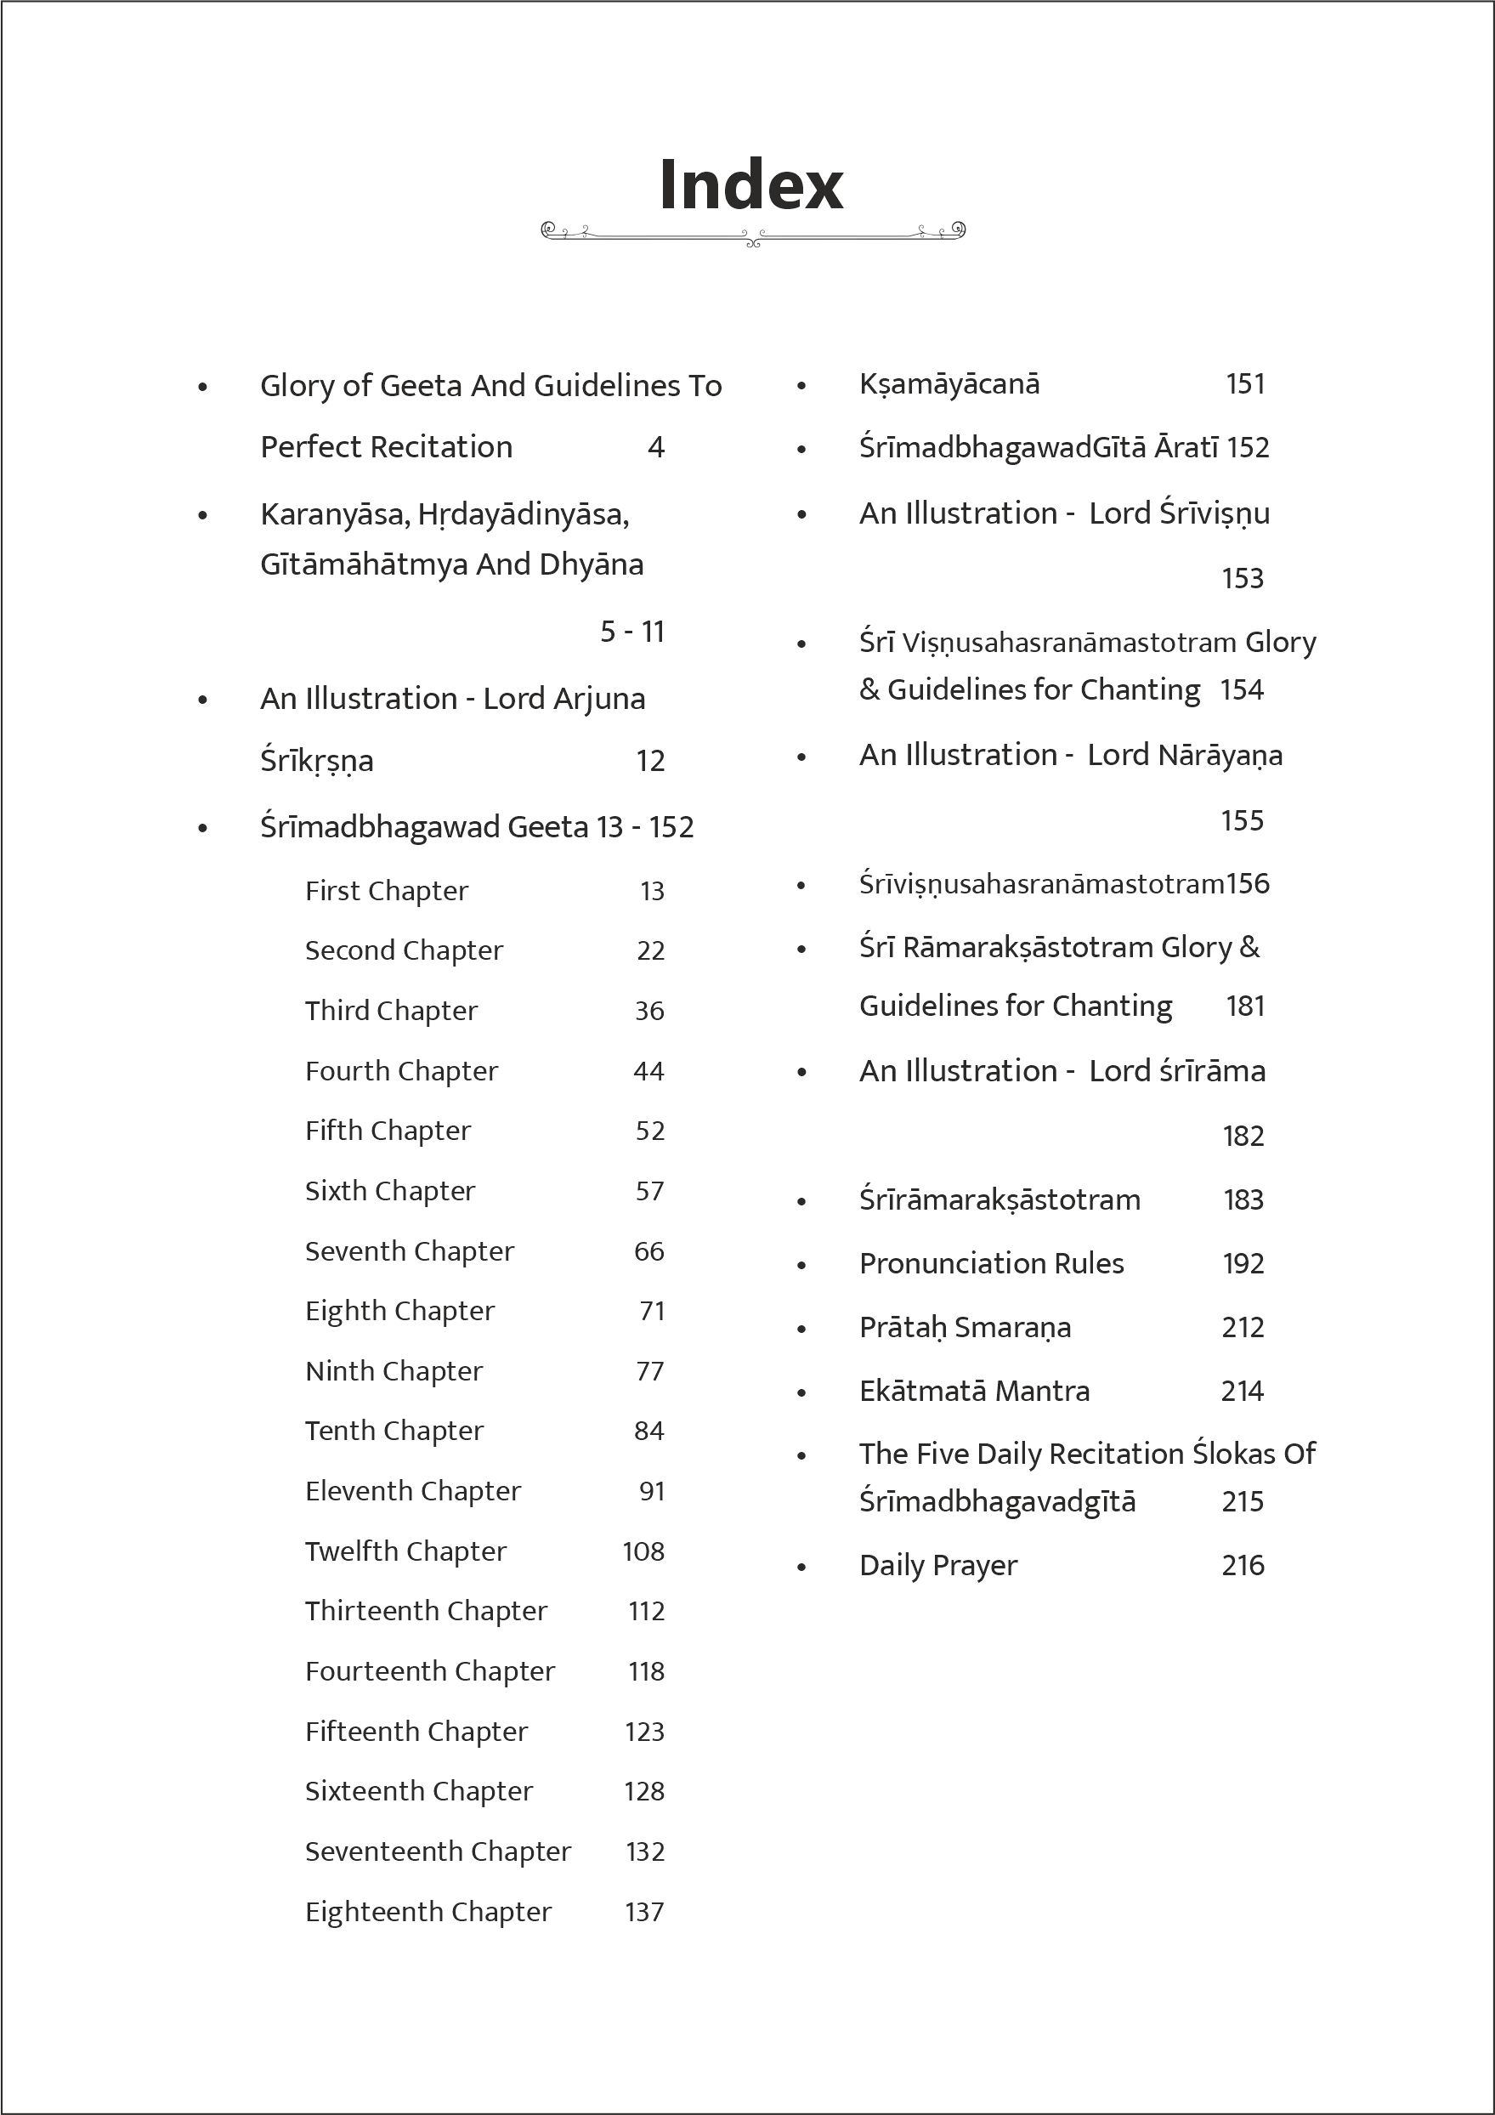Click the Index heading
pyautogui.click(x=750, y=185)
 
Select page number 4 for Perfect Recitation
pyautogui.click(x=656, y=448)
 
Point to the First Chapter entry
pyautogui.click(x=386, y=892)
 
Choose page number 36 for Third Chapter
pyautogui.click(x=649, y=1012)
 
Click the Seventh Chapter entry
pyautogui.click(x=409, y=1252)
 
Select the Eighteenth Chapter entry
pyautogui.click(x=428, y=1913)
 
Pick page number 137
pyautogui.click(x=644, y=1913)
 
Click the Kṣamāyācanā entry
pyautogui.click(x=949, y=384)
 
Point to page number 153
pyautogui.click(x=1242, y=579)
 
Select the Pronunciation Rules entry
pyautogui.click(x=991, y=1264)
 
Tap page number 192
pyautogui.click(x=1243, y=1264)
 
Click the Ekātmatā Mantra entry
pyautogui.click(x=974, y=1391)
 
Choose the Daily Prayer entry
pyautogui.click(x=937, y=1565)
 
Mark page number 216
pyautogui.click(x=1243, y=1565)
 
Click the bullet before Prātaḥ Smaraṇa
pyautogui.click(x=801, y=1330)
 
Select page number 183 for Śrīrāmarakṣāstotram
pyautogui.click(x=1243, y=1200)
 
